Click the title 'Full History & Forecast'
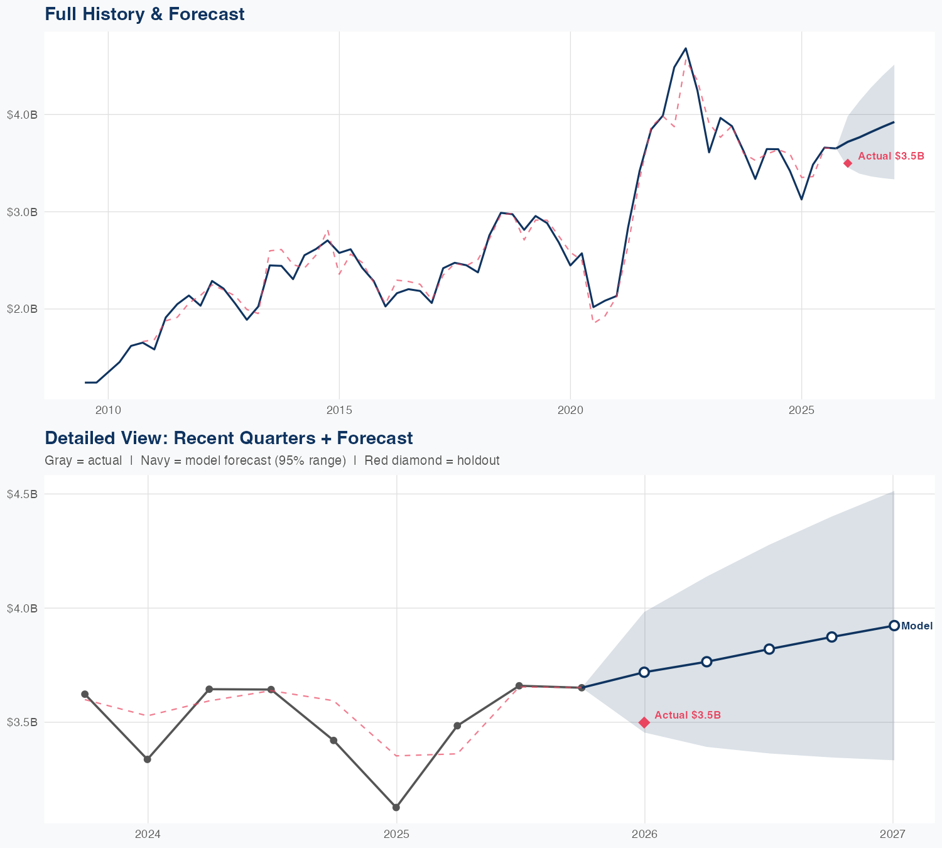pos(144,14)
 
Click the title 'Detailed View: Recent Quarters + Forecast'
pos(229,438)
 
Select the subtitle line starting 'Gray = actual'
pos(272,460)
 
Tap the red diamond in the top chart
pos(848,163)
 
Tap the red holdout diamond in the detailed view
pos(644,722)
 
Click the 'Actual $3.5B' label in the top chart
pos(891,156)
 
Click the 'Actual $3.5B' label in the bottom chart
pos(687,715)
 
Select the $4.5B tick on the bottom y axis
pos(22,494)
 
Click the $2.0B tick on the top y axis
pos(22,309)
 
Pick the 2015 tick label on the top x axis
pos(339,410)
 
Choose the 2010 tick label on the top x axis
pos(108,410)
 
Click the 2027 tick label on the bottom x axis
pos(892,834)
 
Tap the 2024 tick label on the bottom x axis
pos(148,834)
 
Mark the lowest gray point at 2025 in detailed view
pos(396,807)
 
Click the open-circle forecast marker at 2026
pos(644,672)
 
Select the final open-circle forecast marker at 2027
pos(894,626)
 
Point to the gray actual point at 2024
pos(148,759)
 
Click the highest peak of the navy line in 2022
pos(686,48)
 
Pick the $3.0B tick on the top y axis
pos(22,212)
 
